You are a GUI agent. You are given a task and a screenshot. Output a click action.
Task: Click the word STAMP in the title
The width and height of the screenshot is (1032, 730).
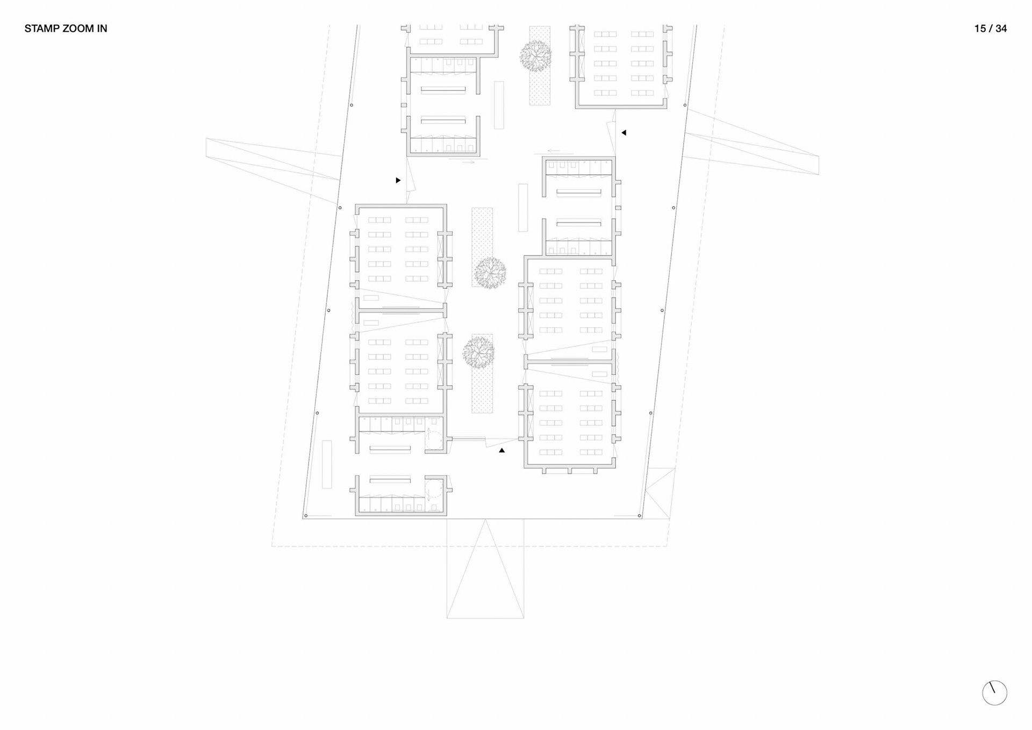41,29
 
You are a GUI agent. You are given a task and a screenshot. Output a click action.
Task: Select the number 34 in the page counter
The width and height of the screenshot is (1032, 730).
1001,29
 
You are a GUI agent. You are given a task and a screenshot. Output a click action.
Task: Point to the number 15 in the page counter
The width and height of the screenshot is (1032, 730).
980,29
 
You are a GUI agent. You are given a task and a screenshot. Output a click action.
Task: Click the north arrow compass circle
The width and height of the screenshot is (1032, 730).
994,693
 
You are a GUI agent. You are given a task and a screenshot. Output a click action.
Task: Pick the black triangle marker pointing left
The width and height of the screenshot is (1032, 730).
623,133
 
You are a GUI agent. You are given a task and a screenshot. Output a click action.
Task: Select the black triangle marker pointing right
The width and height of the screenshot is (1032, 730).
398,180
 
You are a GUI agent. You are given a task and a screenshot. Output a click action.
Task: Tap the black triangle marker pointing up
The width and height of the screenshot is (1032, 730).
501,450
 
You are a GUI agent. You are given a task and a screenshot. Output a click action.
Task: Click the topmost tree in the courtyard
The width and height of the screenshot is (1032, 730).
535,55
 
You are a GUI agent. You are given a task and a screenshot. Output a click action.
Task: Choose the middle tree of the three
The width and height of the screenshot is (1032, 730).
490,272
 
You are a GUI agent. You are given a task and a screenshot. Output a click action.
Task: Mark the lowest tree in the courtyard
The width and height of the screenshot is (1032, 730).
478,352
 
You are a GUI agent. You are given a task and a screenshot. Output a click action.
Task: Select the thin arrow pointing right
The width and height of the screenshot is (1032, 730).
468,161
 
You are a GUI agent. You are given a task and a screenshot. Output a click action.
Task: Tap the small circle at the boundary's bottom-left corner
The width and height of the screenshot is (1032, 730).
306,516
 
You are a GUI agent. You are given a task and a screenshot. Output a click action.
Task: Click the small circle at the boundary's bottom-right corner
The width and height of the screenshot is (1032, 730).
640,516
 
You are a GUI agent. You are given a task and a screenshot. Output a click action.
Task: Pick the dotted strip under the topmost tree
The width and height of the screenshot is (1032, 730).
540,86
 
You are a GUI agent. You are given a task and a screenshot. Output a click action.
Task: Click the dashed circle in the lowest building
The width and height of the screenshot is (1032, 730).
434,490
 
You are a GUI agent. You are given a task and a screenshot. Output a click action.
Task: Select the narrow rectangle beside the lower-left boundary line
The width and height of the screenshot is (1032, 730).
327,464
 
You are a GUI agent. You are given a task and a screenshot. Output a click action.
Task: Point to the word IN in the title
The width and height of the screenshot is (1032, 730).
102,29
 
